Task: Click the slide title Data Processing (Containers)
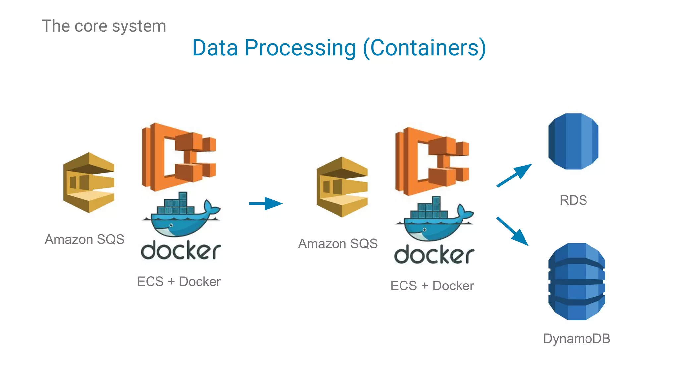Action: pos(339,48)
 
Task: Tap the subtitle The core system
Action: pos(104,26)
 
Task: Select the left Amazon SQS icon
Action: pos(89,182)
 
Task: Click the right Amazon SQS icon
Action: pos(342,187)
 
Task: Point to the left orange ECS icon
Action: pos(178,157)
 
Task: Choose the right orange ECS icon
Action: pos(432,161)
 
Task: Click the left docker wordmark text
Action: pos(181,251)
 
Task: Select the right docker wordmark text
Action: pos(434,255)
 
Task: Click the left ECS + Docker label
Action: pos(179,282)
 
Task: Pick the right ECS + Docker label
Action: pos(432,286)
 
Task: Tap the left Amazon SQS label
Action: pos(85,239)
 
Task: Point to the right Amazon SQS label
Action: pos(338,244)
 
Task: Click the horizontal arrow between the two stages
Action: pos(266,203)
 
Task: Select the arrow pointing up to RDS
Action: pos(514,175)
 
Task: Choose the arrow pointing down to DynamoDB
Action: pos(512,231)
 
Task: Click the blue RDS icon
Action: pos(573,142)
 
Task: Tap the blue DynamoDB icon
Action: pos(577,282)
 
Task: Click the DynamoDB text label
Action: pos(577,339)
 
